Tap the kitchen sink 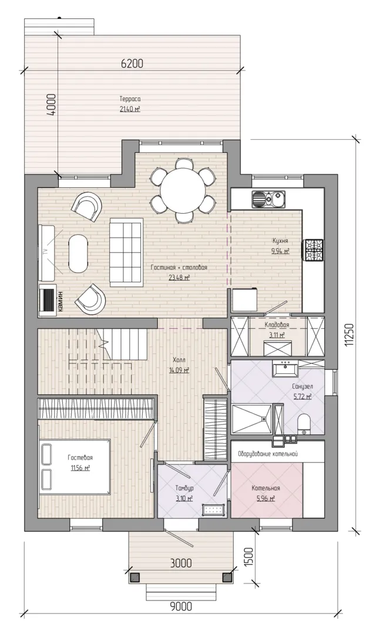point(268,198)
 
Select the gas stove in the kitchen point(314,250)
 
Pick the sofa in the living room point(126,251)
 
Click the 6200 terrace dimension point(132,63)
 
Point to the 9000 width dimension point(181,606)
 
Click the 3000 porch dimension point(181,562)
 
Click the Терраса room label point(130,99)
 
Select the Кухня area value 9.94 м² point(280,251)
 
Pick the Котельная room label point(266,488)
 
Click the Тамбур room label point(184,488)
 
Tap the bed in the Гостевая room point(75,467)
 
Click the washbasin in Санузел point(285,369)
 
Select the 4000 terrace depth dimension point(51,106)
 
